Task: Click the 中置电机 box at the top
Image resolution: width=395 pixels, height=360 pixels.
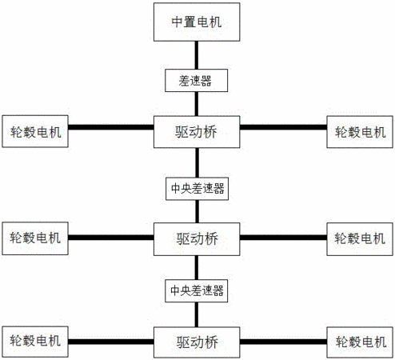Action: (197, 22)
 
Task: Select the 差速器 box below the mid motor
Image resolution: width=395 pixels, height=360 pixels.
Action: (196, 81)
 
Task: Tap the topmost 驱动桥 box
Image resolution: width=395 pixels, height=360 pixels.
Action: (197, 132)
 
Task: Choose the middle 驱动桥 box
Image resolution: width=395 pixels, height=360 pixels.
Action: (197, 239)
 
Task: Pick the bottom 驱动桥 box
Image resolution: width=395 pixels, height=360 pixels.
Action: (197, 342)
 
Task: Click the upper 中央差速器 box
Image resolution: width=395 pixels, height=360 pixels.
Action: (197, 189)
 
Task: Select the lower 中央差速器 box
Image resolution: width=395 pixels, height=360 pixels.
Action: (197, 290)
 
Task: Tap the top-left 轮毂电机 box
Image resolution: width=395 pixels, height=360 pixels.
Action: (35, 131)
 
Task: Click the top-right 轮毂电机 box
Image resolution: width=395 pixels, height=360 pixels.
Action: (360, 132)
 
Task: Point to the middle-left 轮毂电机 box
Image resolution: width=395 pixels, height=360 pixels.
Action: (35, 238)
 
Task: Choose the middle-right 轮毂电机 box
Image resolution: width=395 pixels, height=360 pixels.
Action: (360, 239)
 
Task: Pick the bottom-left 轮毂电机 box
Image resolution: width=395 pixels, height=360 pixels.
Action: (35, 342)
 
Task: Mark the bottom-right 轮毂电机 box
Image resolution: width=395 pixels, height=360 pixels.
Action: (360, 342)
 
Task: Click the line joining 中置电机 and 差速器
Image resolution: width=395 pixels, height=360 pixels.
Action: (197, 55)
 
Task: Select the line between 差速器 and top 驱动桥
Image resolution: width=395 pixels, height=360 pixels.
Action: (197, 104)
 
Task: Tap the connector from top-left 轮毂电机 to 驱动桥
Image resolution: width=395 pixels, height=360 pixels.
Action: (111, 127)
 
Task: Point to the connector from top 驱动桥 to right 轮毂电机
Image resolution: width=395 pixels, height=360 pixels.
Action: (283, 127)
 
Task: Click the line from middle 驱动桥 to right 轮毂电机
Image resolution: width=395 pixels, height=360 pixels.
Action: (283, 238)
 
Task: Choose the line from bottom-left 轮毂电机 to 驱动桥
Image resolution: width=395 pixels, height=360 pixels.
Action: (111, 342)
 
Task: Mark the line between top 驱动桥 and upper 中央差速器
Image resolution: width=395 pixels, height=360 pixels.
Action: (197, 162)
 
